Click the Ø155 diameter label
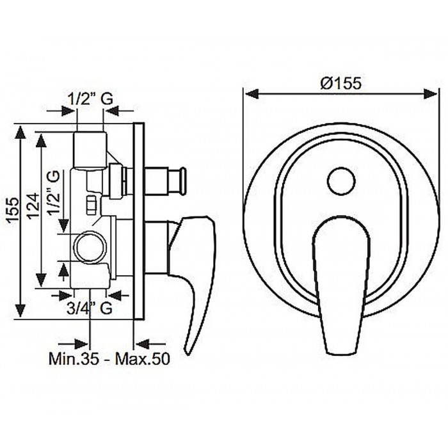pyautogui.click(x=341, y=83)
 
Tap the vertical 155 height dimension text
pyautogui.click(x=13, y=209)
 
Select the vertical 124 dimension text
pyautogui.click(x=34, y=205)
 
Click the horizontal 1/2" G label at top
pyautogui.click(x=90, y=99)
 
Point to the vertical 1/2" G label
pyautogui.click(x=52, y=192)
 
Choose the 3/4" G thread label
pyautogui.click(x=89, y=308)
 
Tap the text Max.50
pyautogui.click(x=142, y=358)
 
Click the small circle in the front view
pyautogui.click(x=341, y=181)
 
